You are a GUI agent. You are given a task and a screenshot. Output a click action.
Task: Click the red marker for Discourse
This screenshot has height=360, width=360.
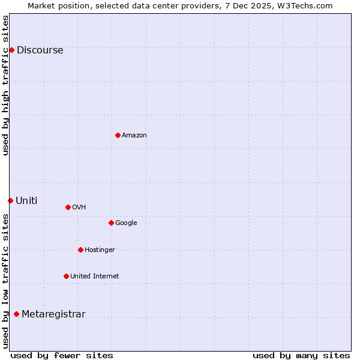point(11,50)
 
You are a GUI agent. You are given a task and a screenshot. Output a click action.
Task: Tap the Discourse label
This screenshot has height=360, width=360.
point(40,50)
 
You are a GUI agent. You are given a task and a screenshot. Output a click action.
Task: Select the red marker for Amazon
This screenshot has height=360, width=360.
point(118,135)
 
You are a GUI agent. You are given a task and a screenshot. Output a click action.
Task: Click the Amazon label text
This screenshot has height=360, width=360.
point(134,136)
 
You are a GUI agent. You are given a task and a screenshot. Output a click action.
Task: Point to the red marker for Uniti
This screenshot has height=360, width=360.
point(10,200)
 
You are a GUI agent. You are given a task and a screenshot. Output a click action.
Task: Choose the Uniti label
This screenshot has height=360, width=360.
point(26,201)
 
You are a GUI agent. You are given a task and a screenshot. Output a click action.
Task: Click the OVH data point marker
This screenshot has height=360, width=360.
point(68,207)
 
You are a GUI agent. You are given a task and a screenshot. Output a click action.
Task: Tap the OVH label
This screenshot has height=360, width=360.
point(79,208)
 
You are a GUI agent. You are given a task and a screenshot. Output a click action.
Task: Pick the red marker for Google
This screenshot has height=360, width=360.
point(111,223)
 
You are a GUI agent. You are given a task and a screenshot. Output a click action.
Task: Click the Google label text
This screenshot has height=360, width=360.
point(126,223)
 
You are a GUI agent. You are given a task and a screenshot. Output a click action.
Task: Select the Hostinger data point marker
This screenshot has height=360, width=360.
point(80,250)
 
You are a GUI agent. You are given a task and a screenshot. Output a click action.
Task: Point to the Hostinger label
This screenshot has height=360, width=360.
point(100,250)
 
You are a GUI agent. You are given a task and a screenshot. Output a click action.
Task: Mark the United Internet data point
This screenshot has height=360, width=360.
point(66,276)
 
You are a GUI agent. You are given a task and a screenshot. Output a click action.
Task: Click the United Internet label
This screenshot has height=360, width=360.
point(94,277)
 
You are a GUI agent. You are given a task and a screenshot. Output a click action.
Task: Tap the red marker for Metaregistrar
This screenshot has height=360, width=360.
point(16,314)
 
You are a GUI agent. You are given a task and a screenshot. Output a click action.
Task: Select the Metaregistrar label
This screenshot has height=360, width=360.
point(53,314)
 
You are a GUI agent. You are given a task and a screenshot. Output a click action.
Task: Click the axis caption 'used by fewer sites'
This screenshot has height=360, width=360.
point(62,355)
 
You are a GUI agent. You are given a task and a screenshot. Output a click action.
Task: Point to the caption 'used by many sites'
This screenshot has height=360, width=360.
point(301,355)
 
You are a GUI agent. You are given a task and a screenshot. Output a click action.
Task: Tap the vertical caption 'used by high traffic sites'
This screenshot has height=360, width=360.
point(5,85)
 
